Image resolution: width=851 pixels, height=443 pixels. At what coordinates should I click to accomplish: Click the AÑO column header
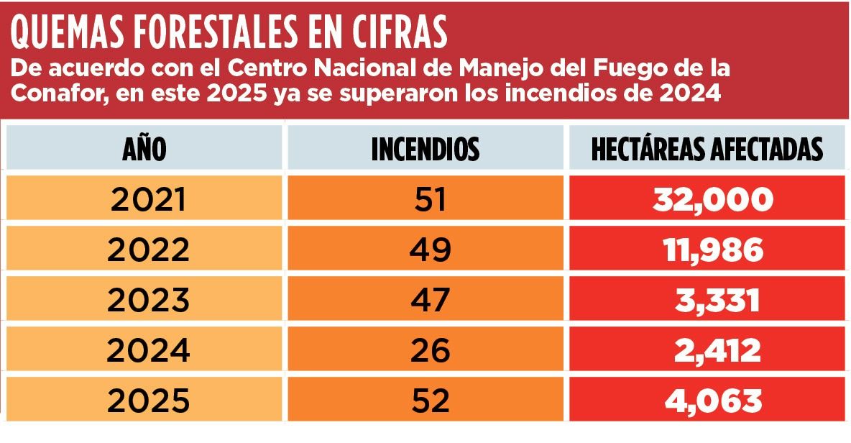click(144, 149)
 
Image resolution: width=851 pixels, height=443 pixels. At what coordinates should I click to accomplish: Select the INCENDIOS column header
click(425, 149)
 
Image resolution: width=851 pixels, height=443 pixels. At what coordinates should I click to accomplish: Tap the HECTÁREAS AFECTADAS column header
click(707, 149)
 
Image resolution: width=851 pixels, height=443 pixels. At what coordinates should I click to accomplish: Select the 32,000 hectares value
click(712, 199)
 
